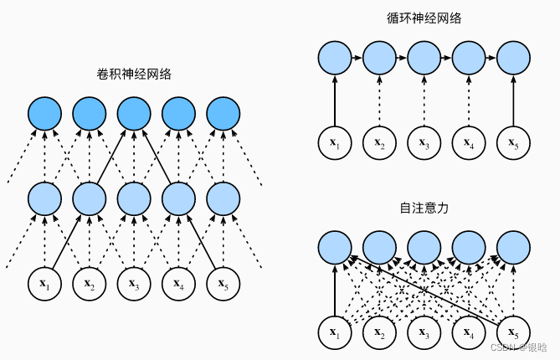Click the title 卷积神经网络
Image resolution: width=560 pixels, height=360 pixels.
[134, 74]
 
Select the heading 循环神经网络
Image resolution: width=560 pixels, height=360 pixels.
[424, 18]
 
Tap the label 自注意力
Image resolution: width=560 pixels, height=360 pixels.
[424, 208]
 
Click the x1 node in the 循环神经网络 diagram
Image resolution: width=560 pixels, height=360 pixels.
[335, 141]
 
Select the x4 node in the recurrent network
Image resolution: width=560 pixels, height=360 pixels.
[467, 141]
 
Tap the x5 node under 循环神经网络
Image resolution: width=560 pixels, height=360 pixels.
[512, 141]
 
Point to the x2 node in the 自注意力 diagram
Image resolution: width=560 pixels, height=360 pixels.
[379, 332]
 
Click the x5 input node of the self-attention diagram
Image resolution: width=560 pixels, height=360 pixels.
[512, 332]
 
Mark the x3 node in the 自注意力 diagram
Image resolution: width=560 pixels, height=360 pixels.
[424, 332]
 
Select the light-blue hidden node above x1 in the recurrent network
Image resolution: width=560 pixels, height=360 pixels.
[335, 59]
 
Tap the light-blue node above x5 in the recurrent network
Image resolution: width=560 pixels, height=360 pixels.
[512, 59]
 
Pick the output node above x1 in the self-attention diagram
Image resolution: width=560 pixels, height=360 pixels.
[335, 247]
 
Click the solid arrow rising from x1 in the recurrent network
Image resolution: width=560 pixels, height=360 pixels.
[335, 100]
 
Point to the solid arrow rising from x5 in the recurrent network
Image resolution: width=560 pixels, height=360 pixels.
[512, 100]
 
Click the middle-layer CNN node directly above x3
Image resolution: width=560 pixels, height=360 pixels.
[133, 198]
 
